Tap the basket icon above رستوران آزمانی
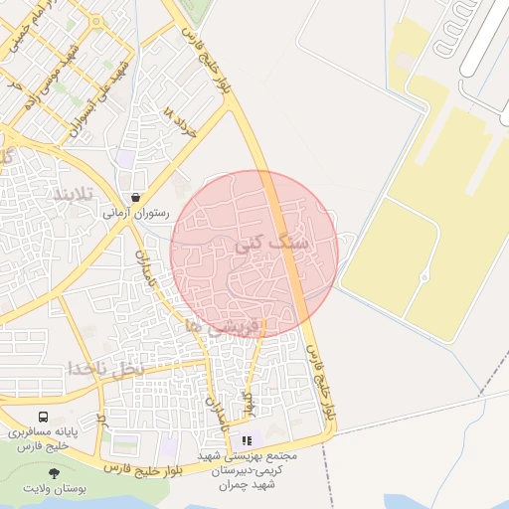135,197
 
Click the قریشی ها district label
229,326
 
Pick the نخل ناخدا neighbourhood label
106,368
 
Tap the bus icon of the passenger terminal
43,418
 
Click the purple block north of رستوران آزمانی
126,158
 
